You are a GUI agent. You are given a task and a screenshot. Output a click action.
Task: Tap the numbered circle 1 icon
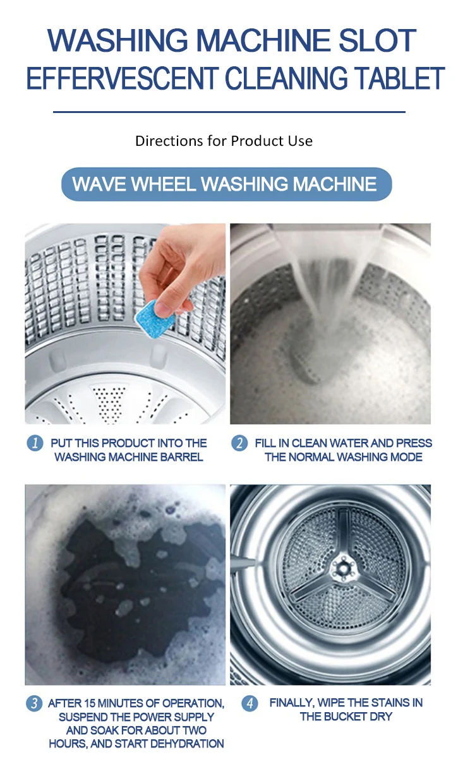(x=34, y=443)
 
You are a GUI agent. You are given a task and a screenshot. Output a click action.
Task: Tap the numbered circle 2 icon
(x=239, y=443)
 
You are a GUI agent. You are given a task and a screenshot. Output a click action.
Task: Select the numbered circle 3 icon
(x=34, y=703)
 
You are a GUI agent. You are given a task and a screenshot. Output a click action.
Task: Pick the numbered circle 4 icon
(x=250, y=703)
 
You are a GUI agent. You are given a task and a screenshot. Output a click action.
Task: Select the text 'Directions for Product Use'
(x=224, y=140)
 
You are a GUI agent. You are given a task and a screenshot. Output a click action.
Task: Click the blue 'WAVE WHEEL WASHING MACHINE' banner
(x=226, y=184)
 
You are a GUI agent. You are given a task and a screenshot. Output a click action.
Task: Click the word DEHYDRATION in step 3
(x=183, y=744)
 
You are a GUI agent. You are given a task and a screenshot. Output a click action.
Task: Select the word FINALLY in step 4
(x=291, y=703)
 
